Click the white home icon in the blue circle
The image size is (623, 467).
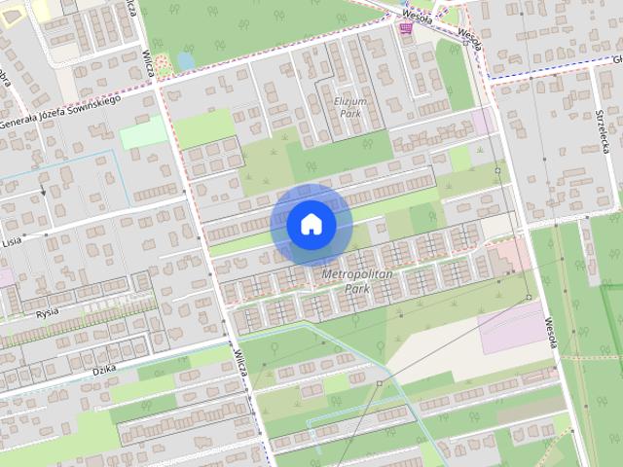[x=311, y=225]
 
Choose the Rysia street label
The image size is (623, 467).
[x=46, y=312]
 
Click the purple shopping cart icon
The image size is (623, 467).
[x=405, y=29]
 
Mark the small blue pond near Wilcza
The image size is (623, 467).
[x=185, y=60]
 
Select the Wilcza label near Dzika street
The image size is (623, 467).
[x=240, y=363]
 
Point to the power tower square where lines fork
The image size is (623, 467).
[x=380, y=383]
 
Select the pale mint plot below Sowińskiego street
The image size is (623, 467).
[x=144, y=132]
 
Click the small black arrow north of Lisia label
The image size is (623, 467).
[x=43, y=192]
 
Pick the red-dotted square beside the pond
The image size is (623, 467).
[x=163, y=65]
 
